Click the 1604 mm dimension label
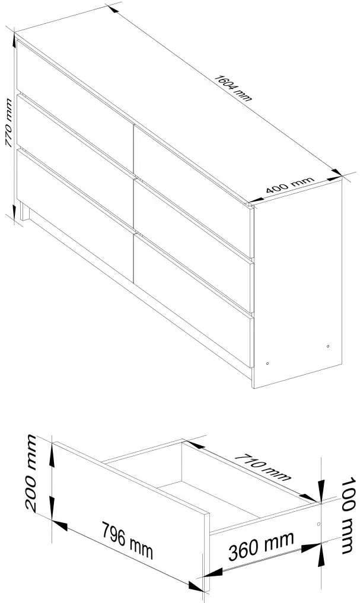pyautogui.click(x=232, y=88)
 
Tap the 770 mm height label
pyautogui.click(x=9, y=123)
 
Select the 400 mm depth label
pyautogui.click(x=290, y=186)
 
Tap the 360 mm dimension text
pyautogui.click(x=261, y=546)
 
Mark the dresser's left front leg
pyautogui.click(x=25, y=212)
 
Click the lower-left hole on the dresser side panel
pyautogui.click(x=267, y=363)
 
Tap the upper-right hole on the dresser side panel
pyautogui.click(x=328, y=346)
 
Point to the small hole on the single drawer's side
pyautogui.click(x=318, y=524)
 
